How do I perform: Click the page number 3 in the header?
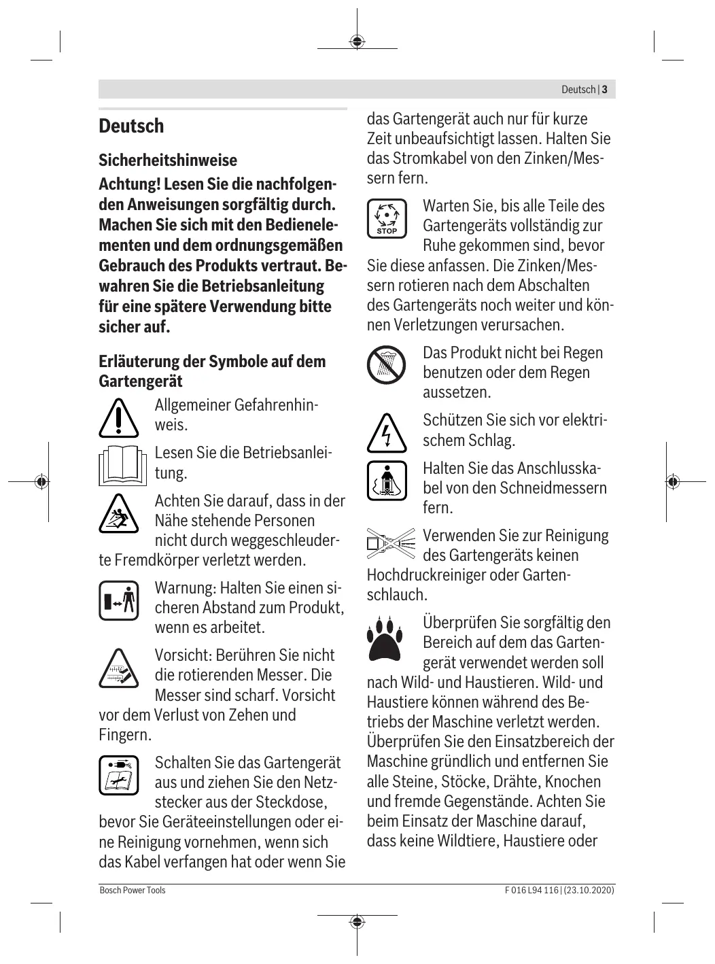pyautogui.click(x=604, y=90)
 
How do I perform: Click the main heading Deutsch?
pyautogui.click(x=131, y=126)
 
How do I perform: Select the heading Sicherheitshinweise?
pyautogui.click(x=168, y=160)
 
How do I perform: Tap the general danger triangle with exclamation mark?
pyautogui.click(x=118, y=417)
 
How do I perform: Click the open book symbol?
pyautogui.click(x=122, y=466)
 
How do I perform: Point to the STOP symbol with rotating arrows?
pyautogui.click(x=387, y=219)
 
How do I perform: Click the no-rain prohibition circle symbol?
pyautogui.click(x=386, y=364)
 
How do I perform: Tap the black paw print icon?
pyautogui.click(x=385, y=638)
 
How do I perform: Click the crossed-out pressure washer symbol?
pyautogui.click(x=391, y=544)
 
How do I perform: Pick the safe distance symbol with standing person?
pyautogui.click(x=119, y=600)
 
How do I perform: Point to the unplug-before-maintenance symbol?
pyautogui.click(x=118, y=775)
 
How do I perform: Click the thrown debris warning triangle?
pyautogui.click(x=118, y=514)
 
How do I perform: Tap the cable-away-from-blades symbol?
pyautogui.click(x=387, y=481)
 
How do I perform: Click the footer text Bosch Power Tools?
pyautogui.click(x=133, y=890)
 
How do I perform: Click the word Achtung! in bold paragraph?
pyautogui.click(x=129, y=184)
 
